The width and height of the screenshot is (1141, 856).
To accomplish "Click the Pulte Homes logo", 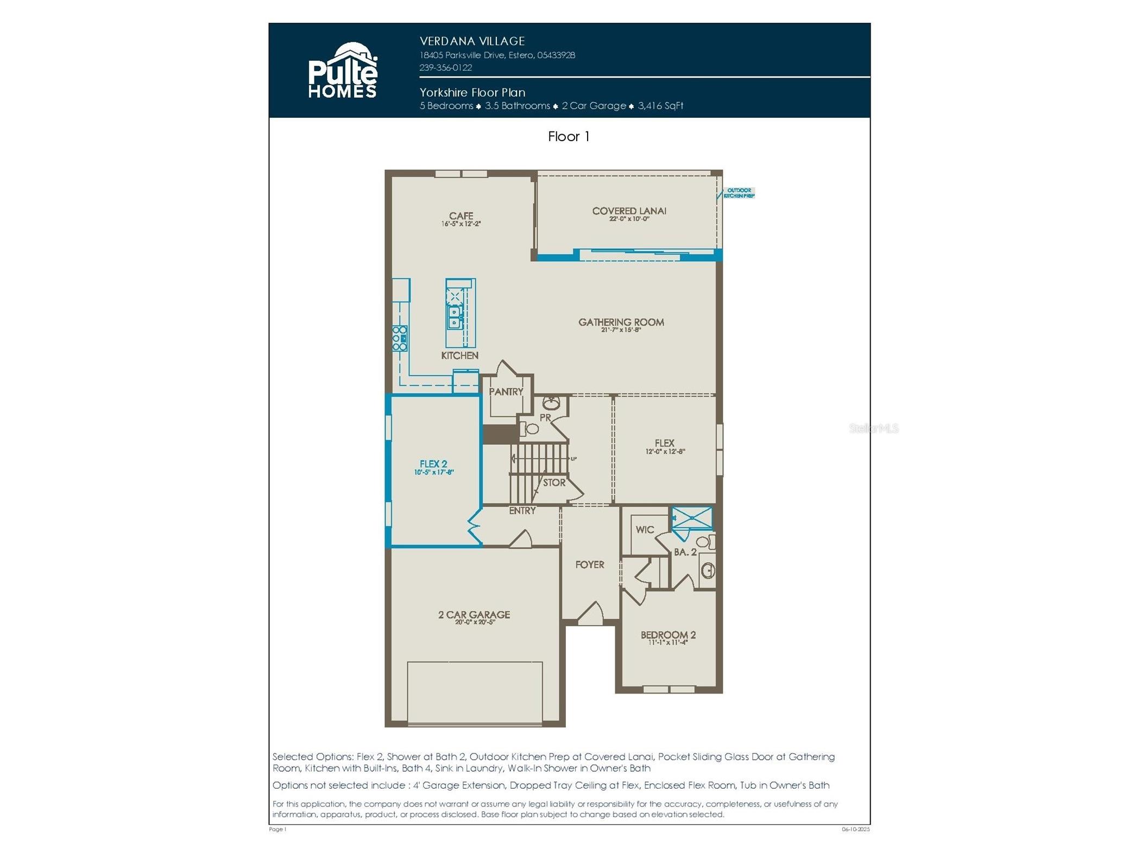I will pos(342,71).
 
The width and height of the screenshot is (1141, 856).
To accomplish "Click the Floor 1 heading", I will pos(568,136).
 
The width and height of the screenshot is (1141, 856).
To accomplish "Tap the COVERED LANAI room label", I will pos(628,211).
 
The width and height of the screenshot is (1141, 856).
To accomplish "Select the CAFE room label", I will pos(461,216).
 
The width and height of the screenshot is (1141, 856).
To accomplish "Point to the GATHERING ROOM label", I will pos(621,323).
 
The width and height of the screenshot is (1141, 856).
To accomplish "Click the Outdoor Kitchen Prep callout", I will pos(739,193).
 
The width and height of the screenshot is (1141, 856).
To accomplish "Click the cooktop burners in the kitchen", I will pos(399,338).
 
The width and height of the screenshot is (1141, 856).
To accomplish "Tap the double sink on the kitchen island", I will pos(454,317).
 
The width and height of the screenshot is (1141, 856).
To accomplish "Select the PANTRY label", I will pos(506,392).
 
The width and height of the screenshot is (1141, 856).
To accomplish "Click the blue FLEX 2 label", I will pos(433,464).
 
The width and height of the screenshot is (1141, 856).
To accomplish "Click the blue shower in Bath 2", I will pos(691,518).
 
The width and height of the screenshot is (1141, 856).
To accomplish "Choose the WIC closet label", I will pos(645,530).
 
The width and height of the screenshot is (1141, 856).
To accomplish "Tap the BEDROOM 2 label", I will pos(667,635).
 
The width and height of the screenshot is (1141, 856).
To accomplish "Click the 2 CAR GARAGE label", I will pos(474,615).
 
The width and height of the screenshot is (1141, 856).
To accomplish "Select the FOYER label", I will pos(589,565).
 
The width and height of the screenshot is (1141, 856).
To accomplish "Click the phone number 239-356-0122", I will pos(445,68).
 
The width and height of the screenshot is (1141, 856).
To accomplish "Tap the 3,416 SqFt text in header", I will pos(660,106).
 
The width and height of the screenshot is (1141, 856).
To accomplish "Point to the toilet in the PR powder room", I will pos(531,429).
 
